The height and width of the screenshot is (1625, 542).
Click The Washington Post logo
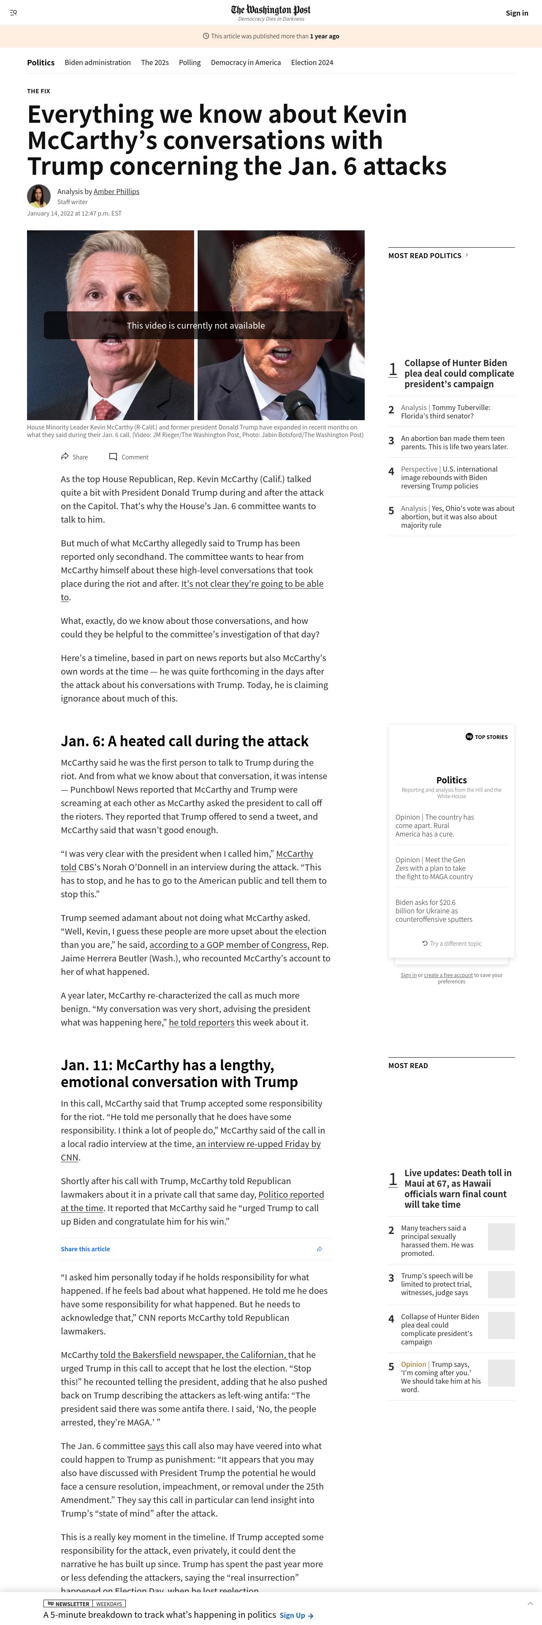[x=271, y=10]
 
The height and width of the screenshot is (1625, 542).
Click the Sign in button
[x=516, y=13]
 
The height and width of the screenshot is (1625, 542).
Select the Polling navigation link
[x=189, y=62]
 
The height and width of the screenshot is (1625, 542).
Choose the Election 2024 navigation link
[x=312, y=62]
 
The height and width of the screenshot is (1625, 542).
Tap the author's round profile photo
[x=38, y=196]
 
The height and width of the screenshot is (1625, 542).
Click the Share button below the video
[x=74, y=457]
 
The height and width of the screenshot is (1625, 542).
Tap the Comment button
[x=129, y=457]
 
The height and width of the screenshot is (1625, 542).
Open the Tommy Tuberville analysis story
[x=445, y=412]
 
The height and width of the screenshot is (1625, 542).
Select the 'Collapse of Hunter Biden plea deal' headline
[x=459, y=373]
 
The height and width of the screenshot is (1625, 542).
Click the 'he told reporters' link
[x=201, y=1023]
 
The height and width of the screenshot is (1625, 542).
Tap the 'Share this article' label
[x=85, y=1249]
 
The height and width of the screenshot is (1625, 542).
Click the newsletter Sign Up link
[x=296, y=1616]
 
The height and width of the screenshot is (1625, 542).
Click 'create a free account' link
[x=448, y=975]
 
